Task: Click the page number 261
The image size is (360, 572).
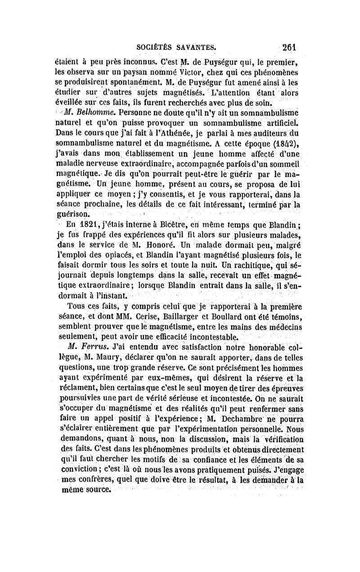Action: click(291, 47)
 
